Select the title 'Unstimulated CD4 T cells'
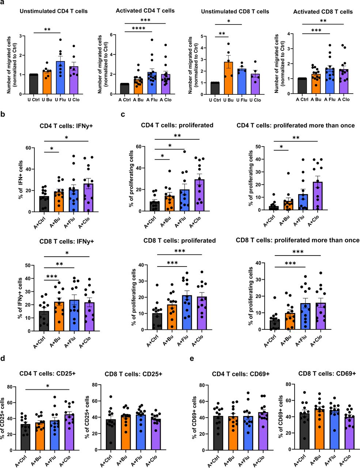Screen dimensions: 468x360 tap(53, 11)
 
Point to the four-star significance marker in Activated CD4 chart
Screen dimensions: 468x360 tap(139, 29)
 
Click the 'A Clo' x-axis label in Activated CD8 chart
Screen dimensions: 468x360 tap(344, 99)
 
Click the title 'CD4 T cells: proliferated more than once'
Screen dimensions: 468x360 tap(295, 125)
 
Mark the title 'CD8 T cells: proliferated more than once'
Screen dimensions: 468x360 tap(298, 240)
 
